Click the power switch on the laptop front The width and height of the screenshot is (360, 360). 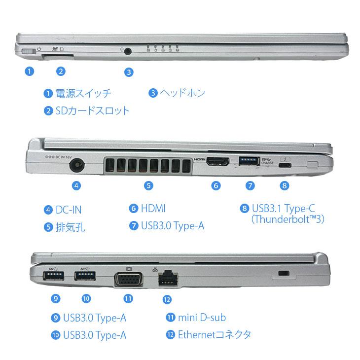point(31,51)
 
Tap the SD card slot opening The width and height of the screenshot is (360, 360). point(58,56)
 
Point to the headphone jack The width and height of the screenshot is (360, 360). point(129,50)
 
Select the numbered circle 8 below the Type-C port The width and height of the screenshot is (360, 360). point(284,186)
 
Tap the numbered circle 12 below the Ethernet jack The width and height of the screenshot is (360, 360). point(168,299)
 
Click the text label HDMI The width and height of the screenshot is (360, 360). point(153,209)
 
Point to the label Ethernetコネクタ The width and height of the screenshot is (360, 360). point(215,334)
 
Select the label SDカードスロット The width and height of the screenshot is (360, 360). point(92,110)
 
